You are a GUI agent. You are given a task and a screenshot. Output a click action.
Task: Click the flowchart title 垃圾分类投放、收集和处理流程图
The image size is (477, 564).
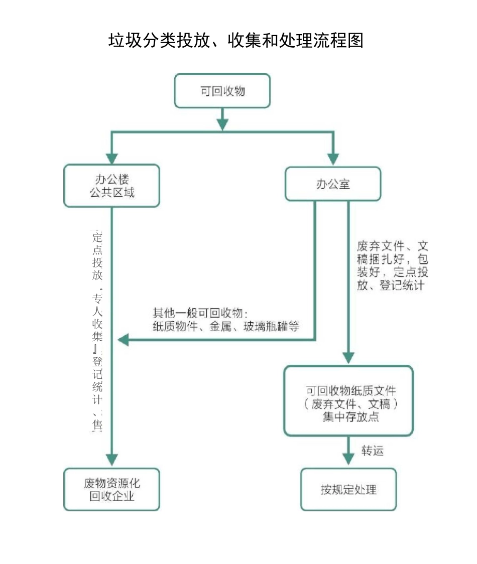[235, 41]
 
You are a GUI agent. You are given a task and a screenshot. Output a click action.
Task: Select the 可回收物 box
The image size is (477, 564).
[222, 91]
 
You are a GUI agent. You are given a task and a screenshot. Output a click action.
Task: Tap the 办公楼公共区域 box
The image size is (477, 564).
[111, 186]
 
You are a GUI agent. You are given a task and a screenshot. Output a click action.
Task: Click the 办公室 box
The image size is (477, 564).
[333, 184]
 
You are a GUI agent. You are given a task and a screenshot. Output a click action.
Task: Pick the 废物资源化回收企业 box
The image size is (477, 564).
[111, 489]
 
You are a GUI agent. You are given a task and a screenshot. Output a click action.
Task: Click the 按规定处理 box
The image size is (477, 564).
[348, 489]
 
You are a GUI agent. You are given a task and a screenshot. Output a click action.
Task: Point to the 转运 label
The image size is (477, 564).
[373, 451]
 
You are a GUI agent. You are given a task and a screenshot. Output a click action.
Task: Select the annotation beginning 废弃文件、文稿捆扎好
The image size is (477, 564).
[393, 266]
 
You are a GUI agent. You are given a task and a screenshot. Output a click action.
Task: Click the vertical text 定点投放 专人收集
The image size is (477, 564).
[97, 331]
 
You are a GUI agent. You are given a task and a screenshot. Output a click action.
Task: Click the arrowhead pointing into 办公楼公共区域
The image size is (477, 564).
[111, 159]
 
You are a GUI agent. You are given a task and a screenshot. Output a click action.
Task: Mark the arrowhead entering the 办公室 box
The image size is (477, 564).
[333, 159]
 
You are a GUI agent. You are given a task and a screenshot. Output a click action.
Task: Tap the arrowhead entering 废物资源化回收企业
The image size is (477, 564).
[111, 460]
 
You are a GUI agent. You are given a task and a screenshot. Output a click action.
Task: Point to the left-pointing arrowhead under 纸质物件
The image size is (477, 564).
[124, 340]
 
